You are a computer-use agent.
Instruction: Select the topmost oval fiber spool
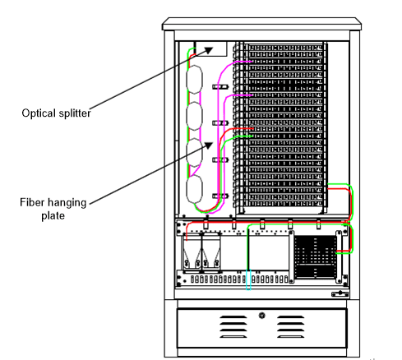point(195,81)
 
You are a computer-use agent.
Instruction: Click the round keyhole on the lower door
point(261,315)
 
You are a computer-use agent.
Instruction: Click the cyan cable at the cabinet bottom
point(250,284)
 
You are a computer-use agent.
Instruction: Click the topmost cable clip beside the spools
point(218,86)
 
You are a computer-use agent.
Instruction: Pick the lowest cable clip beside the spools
point(218,196)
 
